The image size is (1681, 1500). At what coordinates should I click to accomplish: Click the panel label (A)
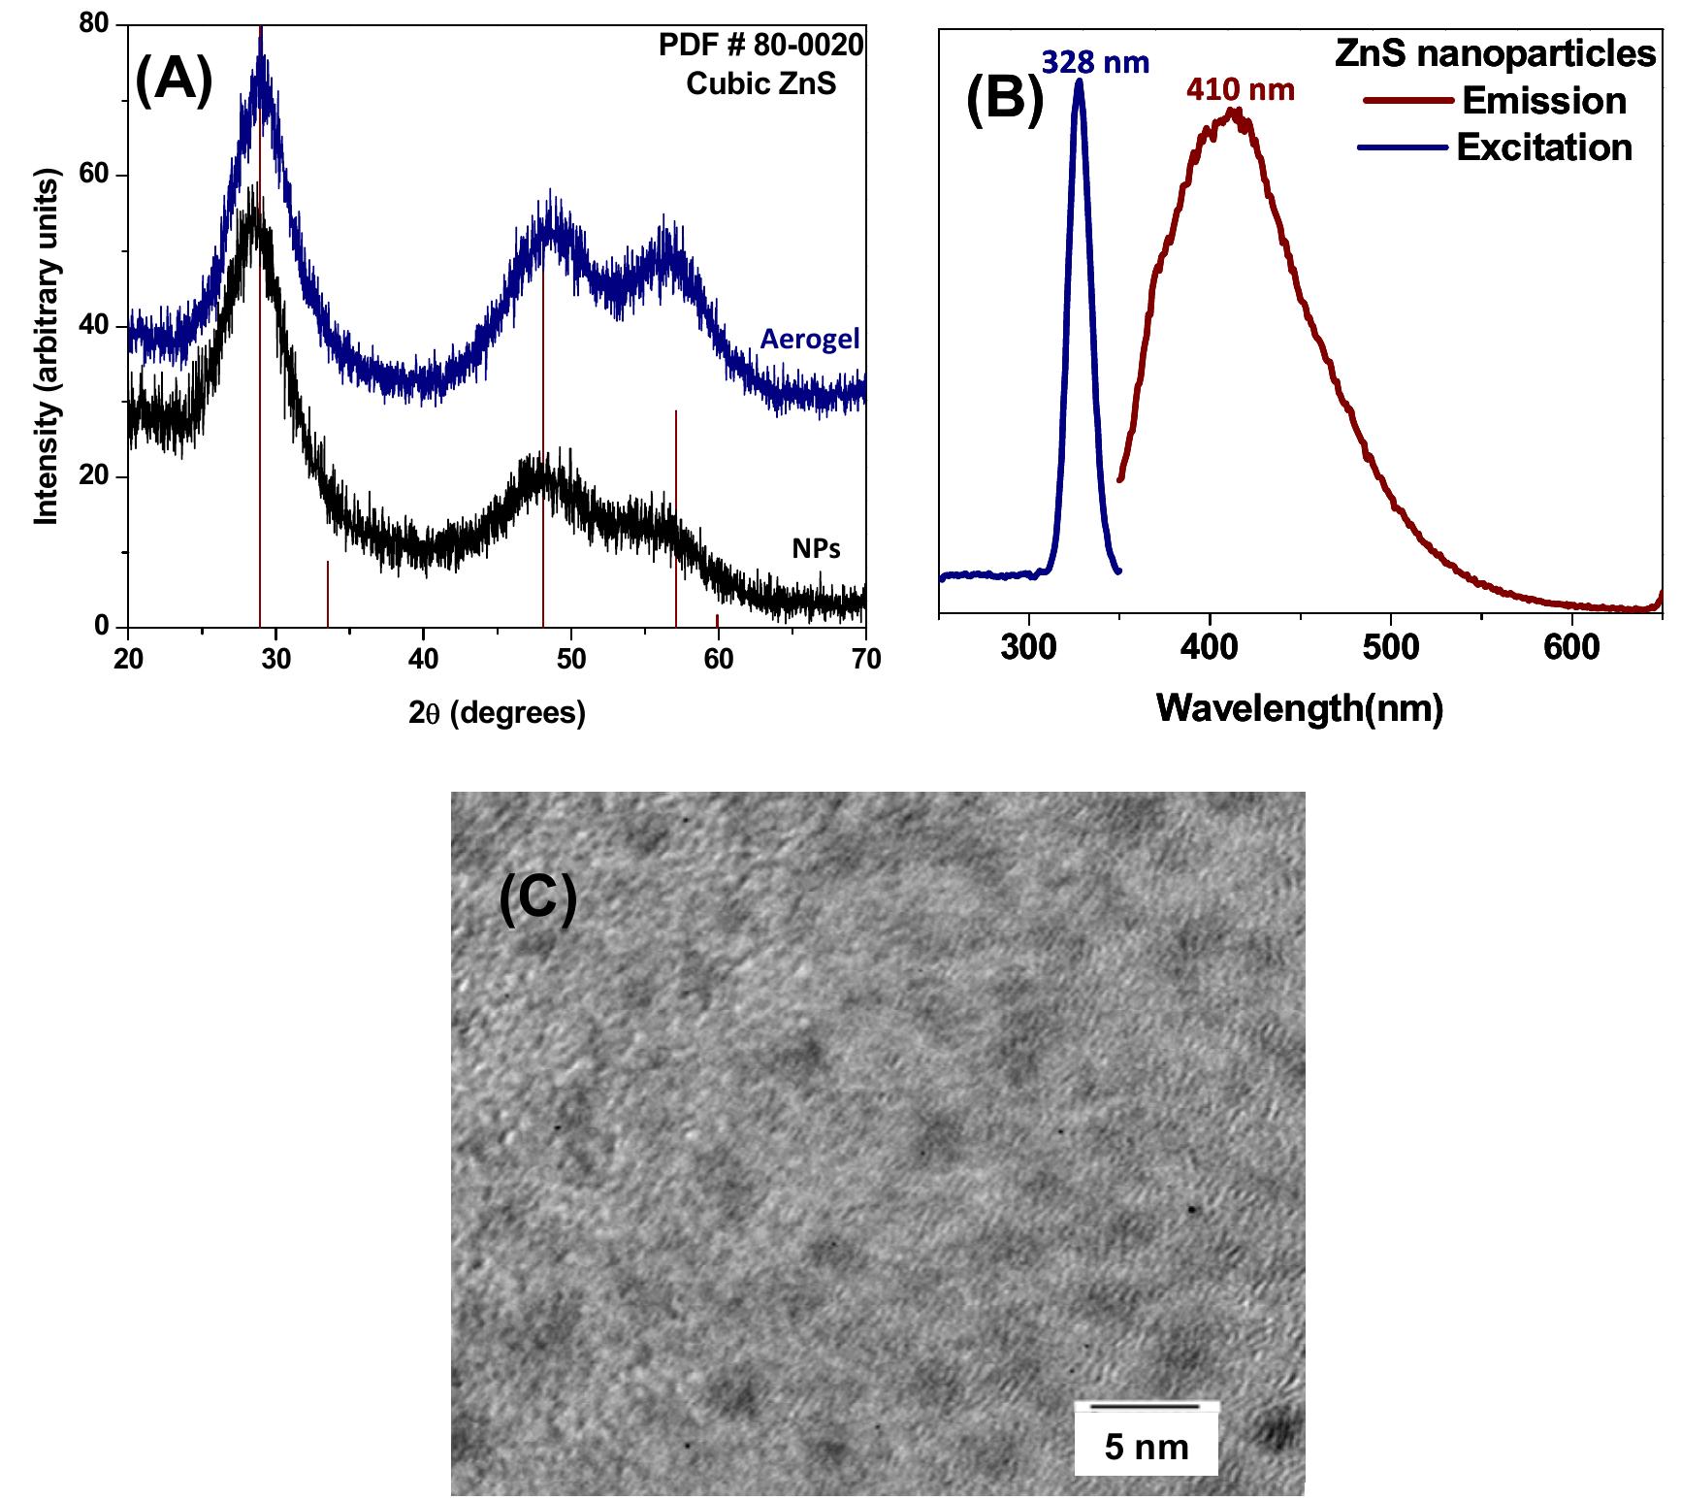(x=174, y=81)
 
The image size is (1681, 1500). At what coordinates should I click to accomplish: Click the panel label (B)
(x=1005, y=100)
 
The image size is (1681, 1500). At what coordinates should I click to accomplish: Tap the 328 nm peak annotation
(x=1095, y=63)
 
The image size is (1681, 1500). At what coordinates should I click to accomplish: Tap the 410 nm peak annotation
(x=1240, y=90)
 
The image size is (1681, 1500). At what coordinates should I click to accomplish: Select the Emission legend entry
(x=1542, y=101)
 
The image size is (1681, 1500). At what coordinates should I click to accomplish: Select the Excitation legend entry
(x=1543, y=147)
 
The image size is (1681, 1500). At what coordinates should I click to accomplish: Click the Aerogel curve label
(x=809, y=340)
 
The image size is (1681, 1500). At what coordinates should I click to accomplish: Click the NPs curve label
(x=816, y=549)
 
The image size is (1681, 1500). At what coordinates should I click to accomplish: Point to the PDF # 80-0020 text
(x=760, y=45)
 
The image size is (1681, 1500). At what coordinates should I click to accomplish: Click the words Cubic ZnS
(x=760, y=83)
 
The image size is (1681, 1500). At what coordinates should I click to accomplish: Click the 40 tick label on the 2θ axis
(x=424, y=660)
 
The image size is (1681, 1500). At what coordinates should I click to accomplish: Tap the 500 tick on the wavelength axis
(x=1390, y=646)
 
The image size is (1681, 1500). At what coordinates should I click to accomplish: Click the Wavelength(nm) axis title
(x=1300, y=708)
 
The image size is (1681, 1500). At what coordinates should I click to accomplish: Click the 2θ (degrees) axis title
(x=497, y=713)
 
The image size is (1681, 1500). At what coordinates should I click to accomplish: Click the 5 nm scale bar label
(x=1146, y=1448)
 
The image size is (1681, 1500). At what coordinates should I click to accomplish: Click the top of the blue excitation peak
(x=1079, y=82)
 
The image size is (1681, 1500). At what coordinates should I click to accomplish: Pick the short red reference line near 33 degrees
(x=328, y=594)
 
